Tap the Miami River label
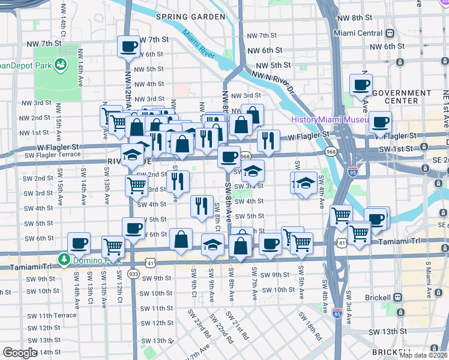tap(199, 43)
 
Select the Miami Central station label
tap(358, 33)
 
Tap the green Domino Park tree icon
tap(64, 259)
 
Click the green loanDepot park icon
tap(61, 64)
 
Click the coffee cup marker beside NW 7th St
tap(128, 46)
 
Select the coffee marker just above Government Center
tap(361, 85)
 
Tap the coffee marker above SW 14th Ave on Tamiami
tap(79, 243)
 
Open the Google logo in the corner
tap(20, 353)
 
